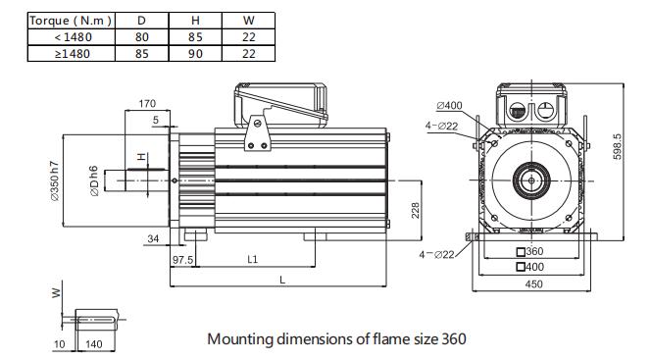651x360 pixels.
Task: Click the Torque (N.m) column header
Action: pyautogui.click(x=71, y=21)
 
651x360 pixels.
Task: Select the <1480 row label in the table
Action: pyautogui.click(x=73, y=37)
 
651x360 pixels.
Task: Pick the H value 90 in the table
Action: pyautogui.click(x=195, y=54)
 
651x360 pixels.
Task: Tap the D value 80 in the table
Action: pyautogui.click(x=141, y=37)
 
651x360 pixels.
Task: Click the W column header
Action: pyautogui.click(x=248, y=21)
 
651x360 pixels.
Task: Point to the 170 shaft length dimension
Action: pyautogui.click(x=147, y=103)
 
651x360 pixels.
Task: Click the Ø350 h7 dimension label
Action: pyautogui.click(x=55, y=181)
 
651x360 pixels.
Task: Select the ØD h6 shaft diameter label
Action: pyautogui.click(x=94, y=180)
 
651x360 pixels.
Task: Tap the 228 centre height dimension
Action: pyautogui.click(x=415, y=210)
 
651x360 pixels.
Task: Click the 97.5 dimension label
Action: pyautogui.click(x=182, y=260)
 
